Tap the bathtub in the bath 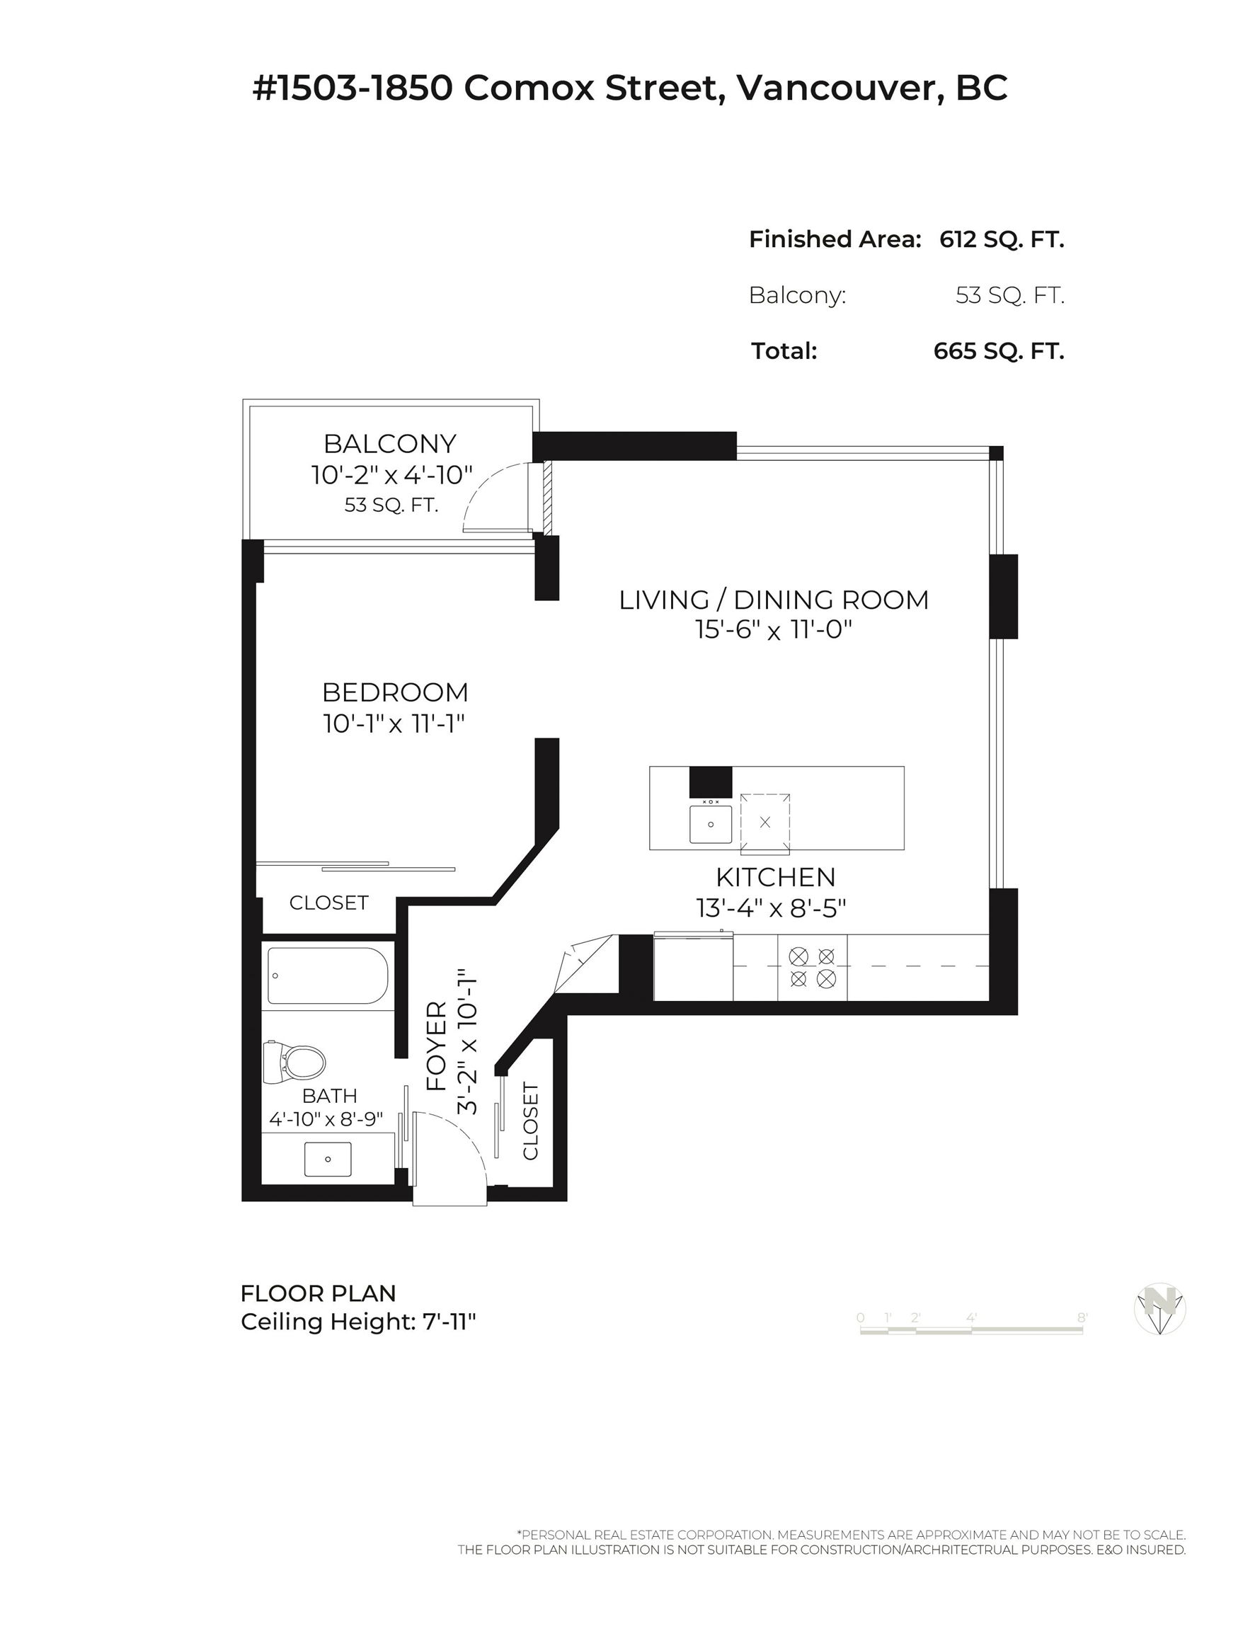(x=328, y=975)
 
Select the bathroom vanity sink (x=328, y=1159)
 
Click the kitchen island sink (x=710, y=824)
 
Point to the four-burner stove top (x=812, y=967)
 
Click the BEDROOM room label (x=395, y=692)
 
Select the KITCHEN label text (x=775, y=877)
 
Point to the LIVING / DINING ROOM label (x=774, y=600)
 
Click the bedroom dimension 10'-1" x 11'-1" (x=394, y=723)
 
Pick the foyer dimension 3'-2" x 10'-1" (x=466, y=1042)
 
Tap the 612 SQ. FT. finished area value (x=1002, y=239)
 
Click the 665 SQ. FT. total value (x=999, y=351)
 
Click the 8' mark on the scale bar (x=1082, y=1318)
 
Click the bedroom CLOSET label (x=328, y=903)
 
